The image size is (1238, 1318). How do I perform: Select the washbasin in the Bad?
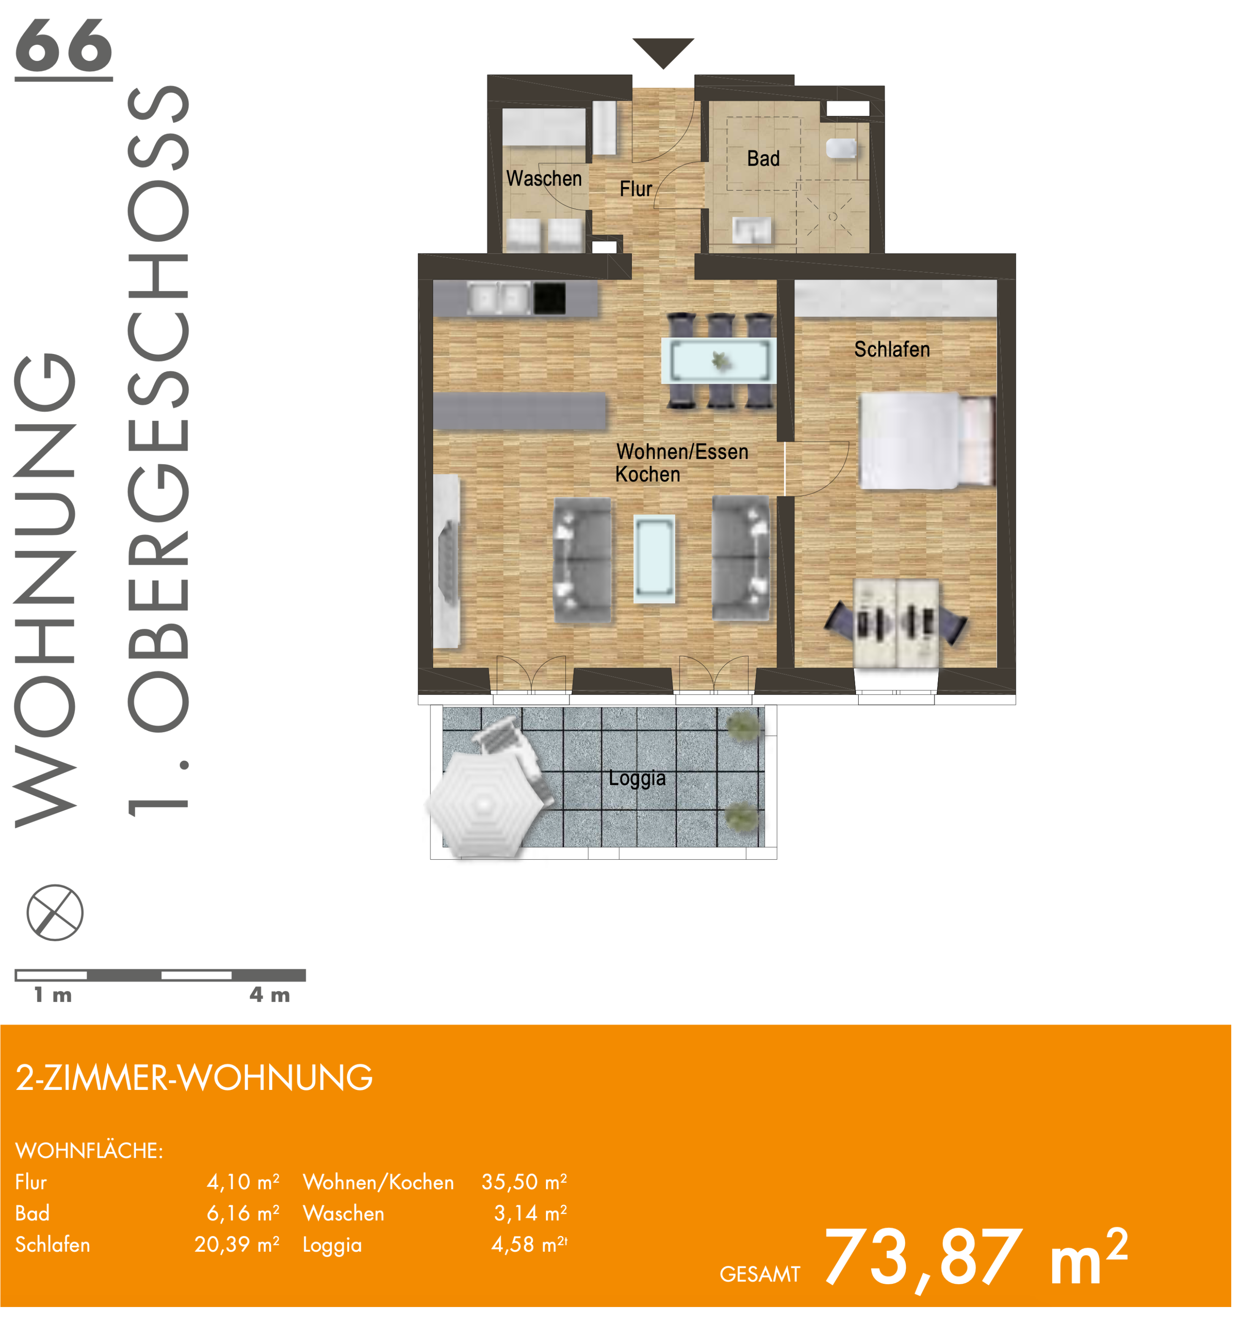click(752, 230)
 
